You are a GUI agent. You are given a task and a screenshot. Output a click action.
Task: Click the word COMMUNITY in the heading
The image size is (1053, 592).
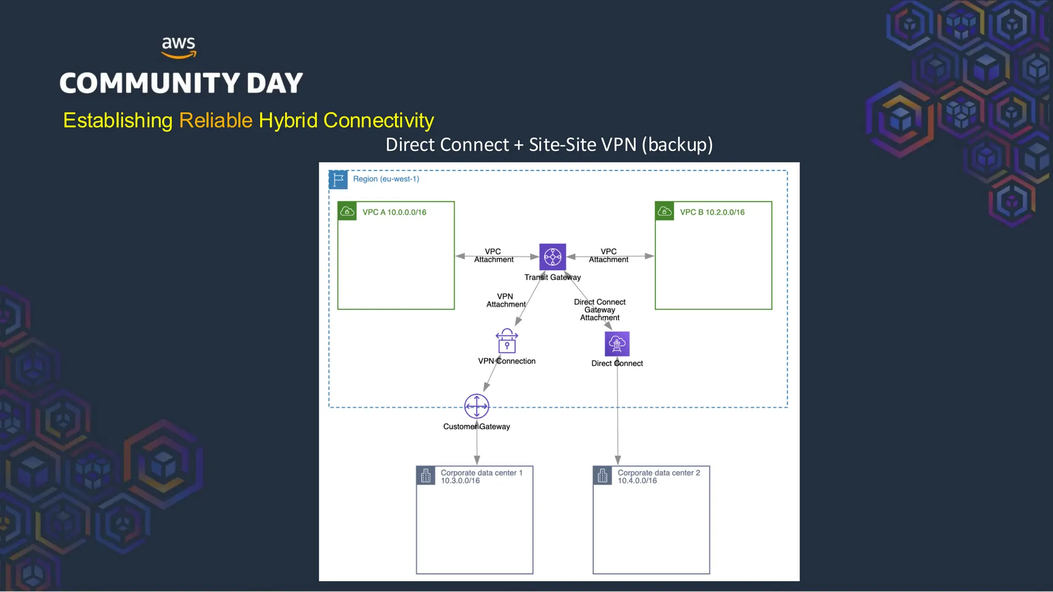150,83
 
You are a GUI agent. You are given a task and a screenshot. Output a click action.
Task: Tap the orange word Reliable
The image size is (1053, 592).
215,120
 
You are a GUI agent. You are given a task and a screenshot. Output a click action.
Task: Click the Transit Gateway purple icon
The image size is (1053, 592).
552,256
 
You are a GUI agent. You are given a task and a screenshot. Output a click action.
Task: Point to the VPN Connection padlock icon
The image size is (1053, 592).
506,341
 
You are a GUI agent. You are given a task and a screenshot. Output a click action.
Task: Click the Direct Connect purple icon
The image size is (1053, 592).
617,344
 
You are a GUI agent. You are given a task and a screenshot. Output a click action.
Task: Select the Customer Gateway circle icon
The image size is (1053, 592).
477,406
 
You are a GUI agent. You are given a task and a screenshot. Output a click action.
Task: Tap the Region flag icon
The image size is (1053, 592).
338,179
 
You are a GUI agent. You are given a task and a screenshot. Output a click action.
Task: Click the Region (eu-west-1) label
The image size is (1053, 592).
386,179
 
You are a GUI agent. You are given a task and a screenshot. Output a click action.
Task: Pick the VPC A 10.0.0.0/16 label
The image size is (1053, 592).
394,212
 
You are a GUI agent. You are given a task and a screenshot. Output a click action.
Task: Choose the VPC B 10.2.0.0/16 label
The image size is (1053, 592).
712,212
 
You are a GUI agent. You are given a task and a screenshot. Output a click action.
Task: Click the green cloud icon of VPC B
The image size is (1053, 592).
664,211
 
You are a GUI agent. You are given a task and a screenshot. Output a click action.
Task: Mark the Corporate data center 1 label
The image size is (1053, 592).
481,473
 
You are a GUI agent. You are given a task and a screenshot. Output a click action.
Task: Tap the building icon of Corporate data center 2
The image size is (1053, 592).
603,476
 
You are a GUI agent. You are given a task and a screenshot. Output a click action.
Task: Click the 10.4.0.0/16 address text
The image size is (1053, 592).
637,481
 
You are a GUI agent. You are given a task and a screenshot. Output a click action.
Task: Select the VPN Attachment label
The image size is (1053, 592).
505,300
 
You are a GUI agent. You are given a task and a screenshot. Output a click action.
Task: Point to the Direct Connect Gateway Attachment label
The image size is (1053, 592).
600,310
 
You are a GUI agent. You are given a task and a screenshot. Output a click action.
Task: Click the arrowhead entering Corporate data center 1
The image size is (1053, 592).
477,460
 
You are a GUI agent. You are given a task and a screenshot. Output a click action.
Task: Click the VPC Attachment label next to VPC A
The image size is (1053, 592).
494,255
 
